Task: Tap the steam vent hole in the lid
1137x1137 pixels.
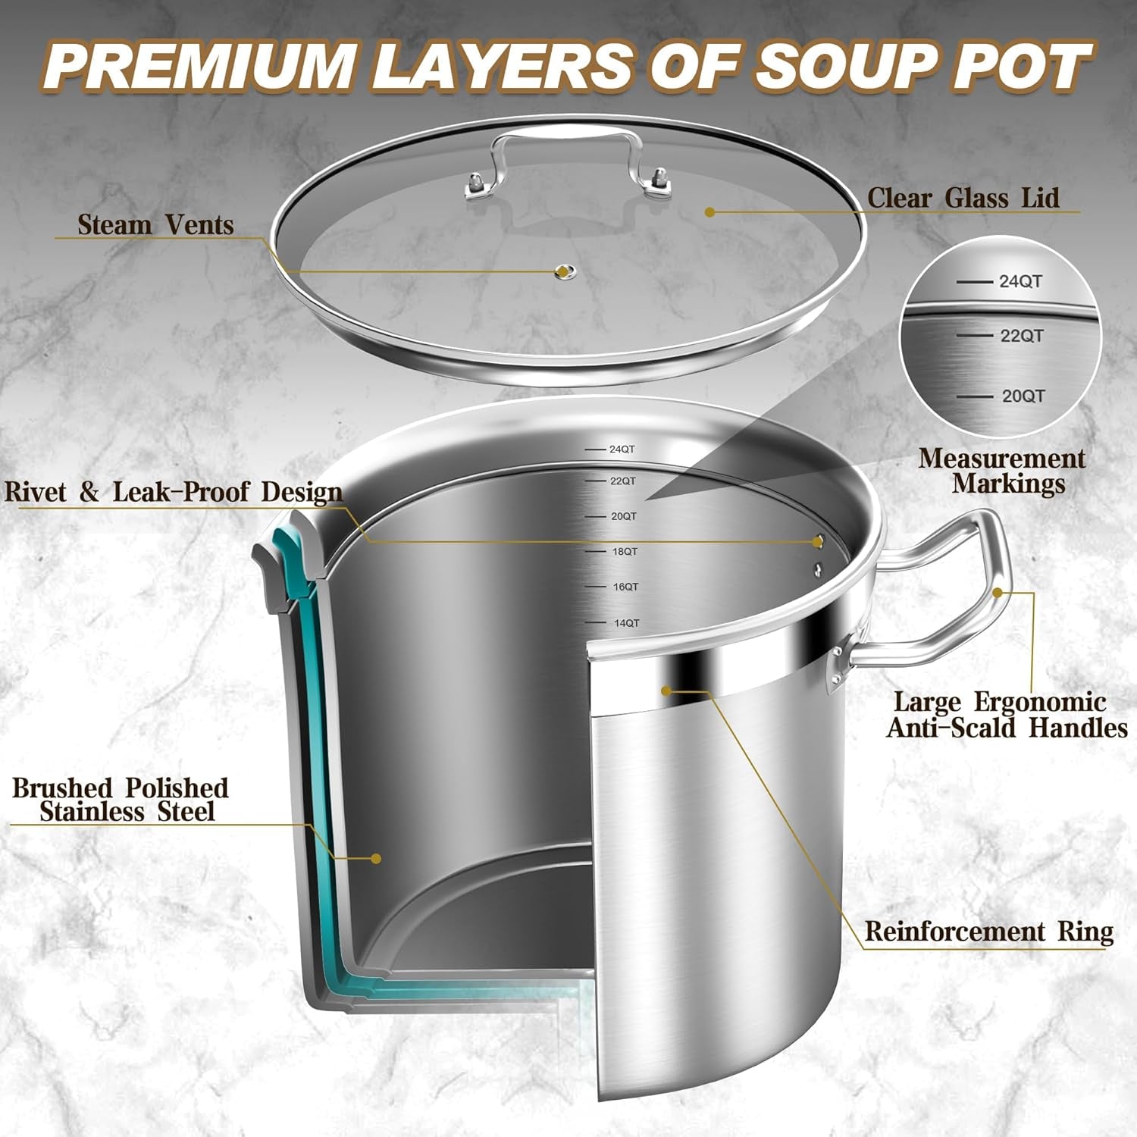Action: (563, 271)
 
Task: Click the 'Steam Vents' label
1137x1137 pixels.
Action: (155, 225)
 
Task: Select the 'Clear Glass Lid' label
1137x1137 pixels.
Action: (963, 199)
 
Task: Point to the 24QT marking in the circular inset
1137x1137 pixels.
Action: (1020, 281)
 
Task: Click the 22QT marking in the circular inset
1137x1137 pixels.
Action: (1021, 336)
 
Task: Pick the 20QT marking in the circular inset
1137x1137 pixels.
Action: (1023, 396)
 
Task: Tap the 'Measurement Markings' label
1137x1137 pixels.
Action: (1002, 471)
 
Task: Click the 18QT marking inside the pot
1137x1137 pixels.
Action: (625, 552)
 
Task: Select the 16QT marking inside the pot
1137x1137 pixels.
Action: (625, 587)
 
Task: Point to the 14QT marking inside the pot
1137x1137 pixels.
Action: (626, 623)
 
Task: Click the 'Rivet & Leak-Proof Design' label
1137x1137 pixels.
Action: (174, 492)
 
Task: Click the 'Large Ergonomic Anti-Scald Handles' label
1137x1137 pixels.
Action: (1007, 715)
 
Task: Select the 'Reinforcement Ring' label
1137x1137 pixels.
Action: (989, 932)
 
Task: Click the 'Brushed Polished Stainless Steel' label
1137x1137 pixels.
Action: (121, 800)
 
